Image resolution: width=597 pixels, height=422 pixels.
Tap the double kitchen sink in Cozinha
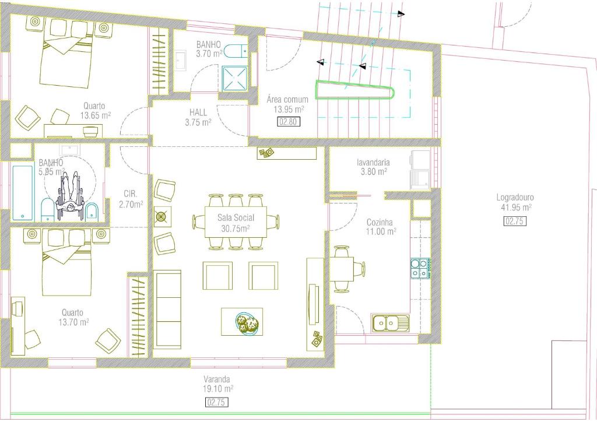point(391,323)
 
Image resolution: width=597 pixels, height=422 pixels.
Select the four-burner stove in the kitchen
point(421,268)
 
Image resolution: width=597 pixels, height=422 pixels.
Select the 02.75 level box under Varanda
point(217,402)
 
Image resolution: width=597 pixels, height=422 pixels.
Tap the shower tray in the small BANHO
point(235,78)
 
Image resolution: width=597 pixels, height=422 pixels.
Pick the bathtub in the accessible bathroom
point(23,192)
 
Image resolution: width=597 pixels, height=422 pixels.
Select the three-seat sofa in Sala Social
point(167,309)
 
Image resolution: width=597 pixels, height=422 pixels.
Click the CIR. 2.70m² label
point(131,199)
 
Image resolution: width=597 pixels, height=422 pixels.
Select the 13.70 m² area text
point(73,322)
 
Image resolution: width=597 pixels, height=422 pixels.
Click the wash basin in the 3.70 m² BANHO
point(181,61)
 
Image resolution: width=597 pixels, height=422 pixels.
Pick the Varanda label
point(217,379)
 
